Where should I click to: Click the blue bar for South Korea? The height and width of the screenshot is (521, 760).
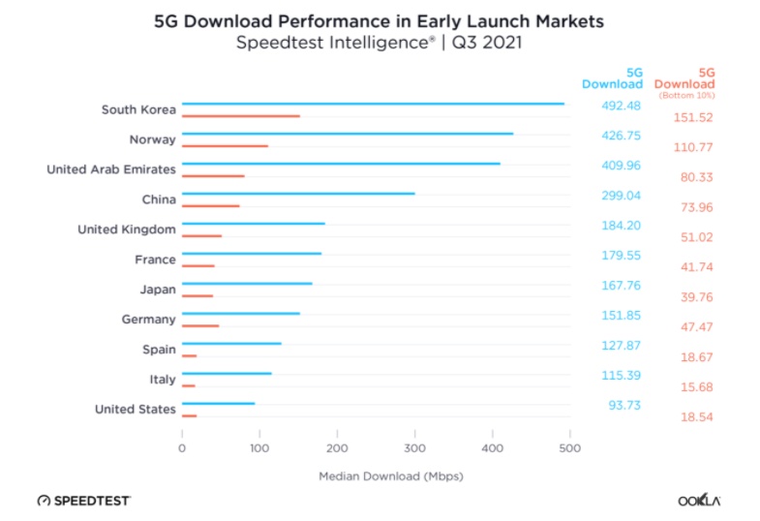[x=373, y=104]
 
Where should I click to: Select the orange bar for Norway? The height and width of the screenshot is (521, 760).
[x=225, y=146]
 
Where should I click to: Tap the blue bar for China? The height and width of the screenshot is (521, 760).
[x=298, y=194]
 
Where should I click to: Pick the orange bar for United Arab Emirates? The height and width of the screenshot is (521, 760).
[x=213, y=176]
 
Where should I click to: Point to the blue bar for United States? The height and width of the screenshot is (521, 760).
[x=218, y=403]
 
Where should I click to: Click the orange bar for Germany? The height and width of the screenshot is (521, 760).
[x=200, y=326]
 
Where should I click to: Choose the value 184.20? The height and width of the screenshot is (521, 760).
[x=621, y=226]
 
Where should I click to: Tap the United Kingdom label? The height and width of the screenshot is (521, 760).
[x=127, y=230]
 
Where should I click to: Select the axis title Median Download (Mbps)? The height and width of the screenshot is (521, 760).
[x=376, y=476]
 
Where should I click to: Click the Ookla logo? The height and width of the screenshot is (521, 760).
[x=698, y=501]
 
